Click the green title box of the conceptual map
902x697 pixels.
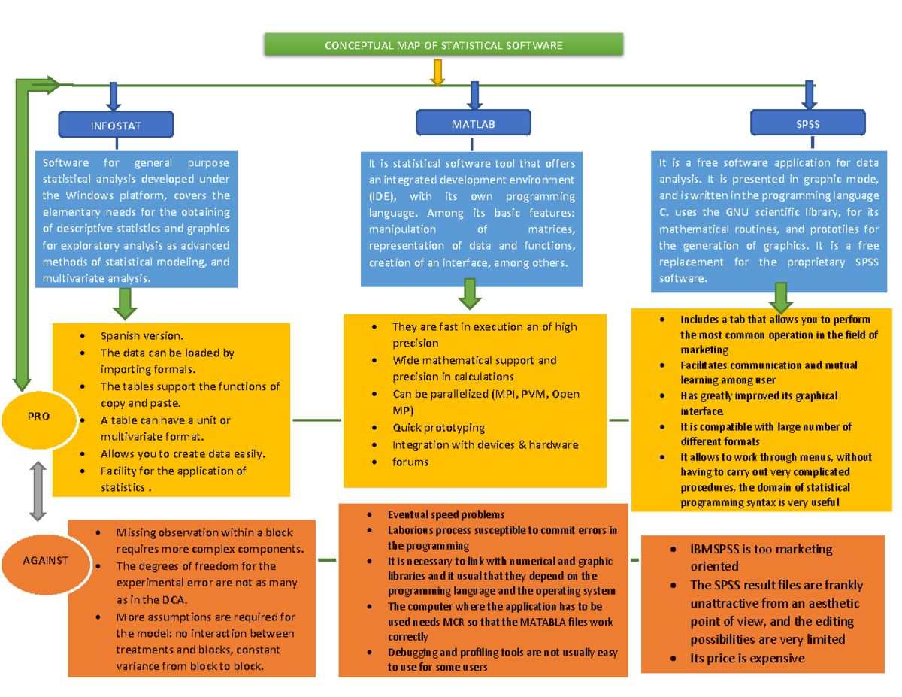pyautogui.click(x=443, y=46)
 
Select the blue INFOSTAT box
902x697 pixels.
pyautogui.click(x=116, y=126)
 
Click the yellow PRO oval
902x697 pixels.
pyautogui.click(x=38, y=416)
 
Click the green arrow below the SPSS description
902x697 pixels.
pyautogui.click(x=780, y=297)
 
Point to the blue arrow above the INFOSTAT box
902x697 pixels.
pyautogui.click(x=114, y=95)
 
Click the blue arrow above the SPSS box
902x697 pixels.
pyautogui.click(x=809, y=95)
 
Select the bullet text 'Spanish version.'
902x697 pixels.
pyautogui.click(x=141, y=336)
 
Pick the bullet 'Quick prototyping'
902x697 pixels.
pyautogui.click(x=438, y=427)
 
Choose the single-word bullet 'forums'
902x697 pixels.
pyautogui.click(x=410, y=462)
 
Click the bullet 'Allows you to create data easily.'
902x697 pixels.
pyautogui.click(x=183, y=453)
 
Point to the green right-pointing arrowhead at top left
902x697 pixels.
pyautogui.click(x=53, y=85)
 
